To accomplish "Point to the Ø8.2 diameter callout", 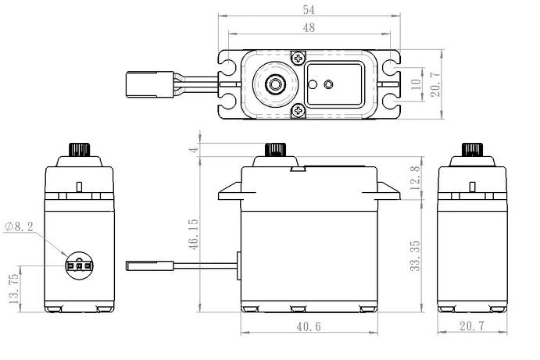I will click(x=19, y=226).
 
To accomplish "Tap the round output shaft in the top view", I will click(x=274, y=84).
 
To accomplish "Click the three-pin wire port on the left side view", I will click(x=79, y=265).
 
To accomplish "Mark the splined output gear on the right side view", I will click(x=471, y=149).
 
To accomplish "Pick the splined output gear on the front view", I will click(x=275, y=149).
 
